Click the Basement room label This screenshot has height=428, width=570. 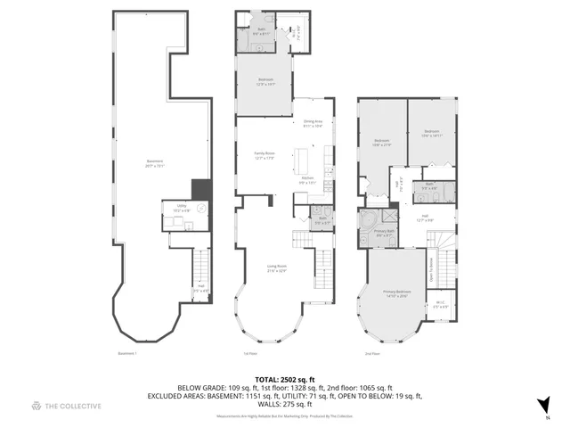[154, 164]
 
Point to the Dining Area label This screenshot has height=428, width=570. [313, 124]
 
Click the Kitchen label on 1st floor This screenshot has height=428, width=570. [307, 180]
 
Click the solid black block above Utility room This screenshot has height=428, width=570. [202, 190]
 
